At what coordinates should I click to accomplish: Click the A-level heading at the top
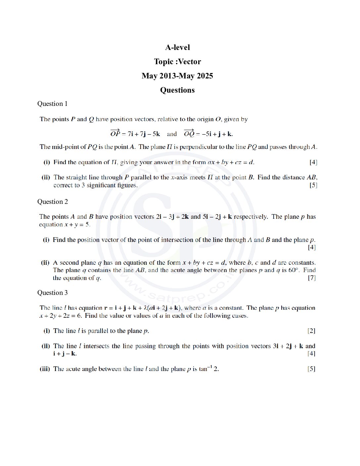177,47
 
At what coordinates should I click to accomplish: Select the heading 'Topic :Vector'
177,62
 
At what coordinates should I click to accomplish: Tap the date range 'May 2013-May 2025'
177,76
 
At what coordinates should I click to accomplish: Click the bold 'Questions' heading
177,90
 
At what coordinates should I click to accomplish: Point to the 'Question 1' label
52,104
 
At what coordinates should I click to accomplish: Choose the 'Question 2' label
52,202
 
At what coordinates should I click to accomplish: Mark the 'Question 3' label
52,293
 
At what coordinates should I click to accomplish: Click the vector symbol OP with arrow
115,133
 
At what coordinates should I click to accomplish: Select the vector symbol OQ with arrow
189,133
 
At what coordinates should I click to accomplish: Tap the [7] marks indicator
312,278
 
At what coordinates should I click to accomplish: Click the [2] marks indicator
311,331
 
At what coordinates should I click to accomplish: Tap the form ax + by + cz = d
231,162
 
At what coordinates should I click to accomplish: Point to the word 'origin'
205,119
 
